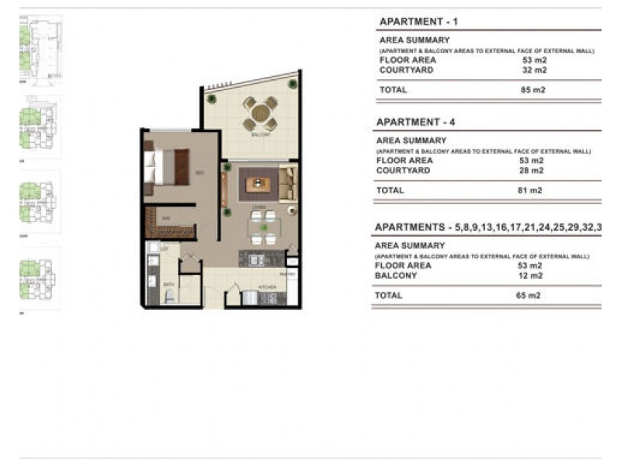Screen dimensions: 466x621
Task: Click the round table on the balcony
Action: pos(261,114)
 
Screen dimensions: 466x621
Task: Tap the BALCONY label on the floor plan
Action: pos(261,135)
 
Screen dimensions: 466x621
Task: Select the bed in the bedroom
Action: pos(166,166)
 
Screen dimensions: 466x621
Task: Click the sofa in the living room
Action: pos(288,183)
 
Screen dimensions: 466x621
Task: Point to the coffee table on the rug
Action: pos(257,184)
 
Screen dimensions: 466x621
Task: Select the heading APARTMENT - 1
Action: pos(418,22)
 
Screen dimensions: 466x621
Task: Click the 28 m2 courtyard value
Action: pos(532,170)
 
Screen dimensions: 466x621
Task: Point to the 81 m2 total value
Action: pos(532,190)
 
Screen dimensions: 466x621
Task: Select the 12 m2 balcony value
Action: pos(530,275)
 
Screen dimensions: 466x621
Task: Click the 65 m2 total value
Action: pos(530,295)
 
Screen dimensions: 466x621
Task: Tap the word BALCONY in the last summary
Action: pos(396,275)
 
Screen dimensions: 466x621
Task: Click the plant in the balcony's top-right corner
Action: pos(293,83)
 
